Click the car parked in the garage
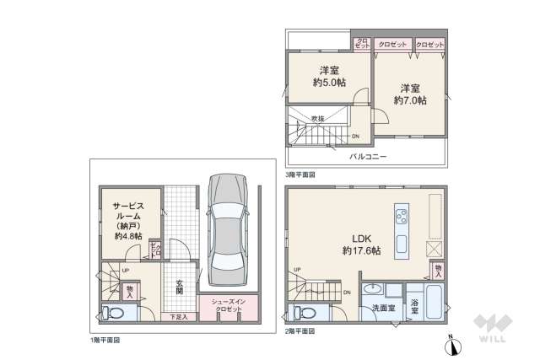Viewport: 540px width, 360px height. pos(224,230)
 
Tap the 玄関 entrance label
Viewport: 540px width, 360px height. pos(180,286)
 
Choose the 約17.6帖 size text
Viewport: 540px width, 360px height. pos(361,250)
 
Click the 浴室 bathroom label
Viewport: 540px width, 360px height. pos(414,306)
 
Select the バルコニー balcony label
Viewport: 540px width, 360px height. pos(368,157)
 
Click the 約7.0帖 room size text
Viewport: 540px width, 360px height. pos(410,99)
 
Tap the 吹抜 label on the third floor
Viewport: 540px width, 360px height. pos(317,119)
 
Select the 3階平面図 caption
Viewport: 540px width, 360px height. pos(300,175)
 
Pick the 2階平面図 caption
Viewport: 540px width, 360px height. pos(300,331)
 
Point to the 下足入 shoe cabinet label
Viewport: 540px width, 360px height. pos(178,317)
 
